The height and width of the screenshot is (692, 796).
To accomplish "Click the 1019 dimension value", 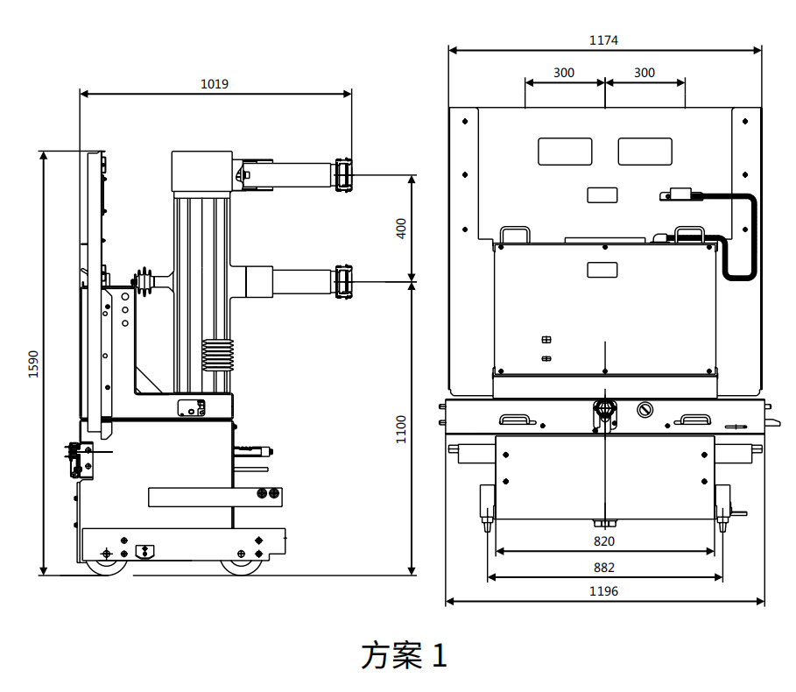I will [x=215, y=84].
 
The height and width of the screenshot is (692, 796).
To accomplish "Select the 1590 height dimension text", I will [x=33, y=364].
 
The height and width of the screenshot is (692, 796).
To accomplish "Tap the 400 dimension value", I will [x=401, y=229].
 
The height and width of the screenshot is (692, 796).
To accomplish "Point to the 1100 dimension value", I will [x=401, y=429].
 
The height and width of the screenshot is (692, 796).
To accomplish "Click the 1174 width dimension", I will [x=604, y=40].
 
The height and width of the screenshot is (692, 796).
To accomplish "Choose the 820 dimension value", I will [x=604, y=541].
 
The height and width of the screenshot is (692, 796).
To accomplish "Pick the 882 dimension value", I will [x=604, y=567].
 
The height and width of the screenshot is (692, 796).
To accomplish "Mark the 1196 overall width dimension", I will [x=604, y=591].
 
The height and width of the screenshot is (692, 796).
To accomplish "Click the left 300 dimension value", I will [x=564, y=73].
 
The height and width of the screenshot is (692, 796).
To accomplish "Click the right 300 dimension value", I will [x=645, y=73].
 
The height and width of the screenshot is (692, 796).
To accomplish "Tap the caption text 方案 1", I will [x=404, y=655].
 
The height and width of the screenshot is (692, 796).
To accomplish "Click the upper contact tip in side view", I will [x=342, y=174].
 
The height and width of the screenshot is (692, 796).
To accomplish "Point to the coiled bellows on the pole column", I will [x=219, y=355].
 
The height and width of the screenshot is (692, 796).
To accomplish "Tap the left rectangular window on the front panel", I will [x=565, y=151].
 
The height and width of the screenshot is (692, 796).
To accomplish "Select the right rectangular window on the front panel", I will [x=645, y=151].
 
